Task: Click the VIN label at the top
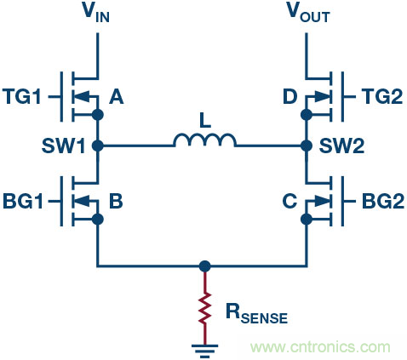click(x=100, y=14)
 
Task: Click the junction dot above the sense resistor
click(x=204, y=266)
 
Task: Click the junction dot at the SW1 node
click(x=99, y=146)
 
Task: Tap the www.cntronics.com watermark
click(x=324, y=346)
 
